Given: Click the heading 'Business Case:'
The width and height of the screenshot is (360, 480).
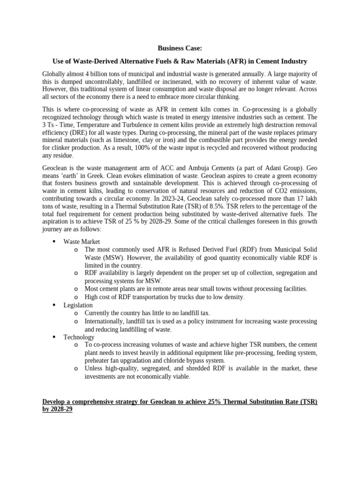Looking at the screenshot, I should click(180, 48).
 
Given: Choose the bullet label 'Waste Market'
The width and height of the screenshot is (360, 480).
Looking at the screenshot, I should click(82, 241).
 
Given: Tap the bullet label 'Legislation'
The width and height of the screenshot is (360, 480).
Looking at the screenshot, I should click(78, 305).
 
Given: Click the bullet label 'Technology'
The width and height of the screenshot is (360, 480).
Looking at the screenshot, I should click(79, 337).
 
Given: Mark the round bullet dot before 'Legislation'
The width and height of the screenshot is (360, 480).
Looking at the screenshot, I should click(53, 305).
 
